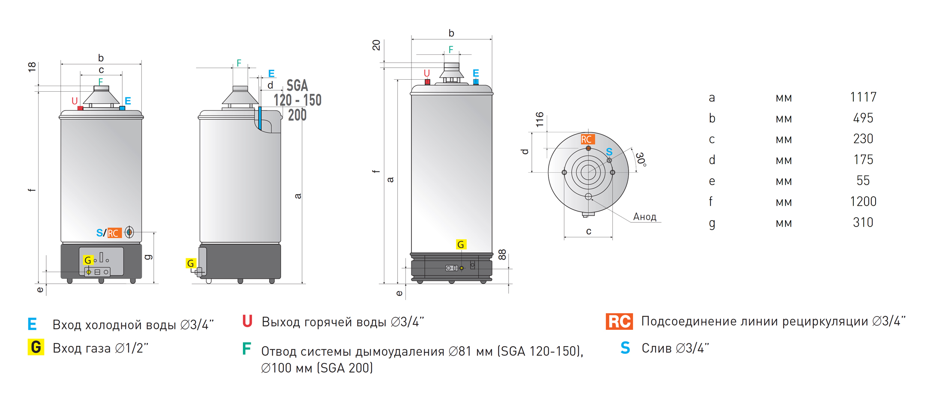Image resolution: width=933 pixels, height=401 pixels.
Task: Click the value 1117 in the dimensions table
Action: (x=863, y=97)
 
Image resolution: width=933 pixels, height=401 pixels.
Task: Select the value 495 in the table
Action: (x=863, y=118)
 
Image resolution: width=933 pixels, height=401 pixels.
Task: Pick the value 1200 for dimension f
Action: (x=863, y=201)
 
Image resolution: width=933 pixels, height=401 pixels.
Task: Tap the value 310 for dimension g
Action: (x=863, y=222)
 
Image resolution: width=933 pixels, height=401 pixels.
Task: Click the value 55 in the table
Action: (x=863, y=181)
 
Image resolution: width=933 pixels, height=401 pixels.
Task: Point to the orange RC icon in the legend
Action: (x=619, y=321)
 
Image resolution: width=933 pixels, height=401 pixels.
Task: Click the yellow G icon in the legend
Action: (x=36, y=347)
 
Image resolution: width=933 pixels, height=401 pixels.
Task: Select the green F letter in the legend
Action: (x=246, y=349)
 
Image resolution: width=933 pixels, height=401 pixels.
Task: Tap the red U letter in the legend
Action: (x=247, y=321)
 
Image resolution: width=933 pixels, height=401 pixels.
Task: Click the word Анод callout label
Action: (x=645, y=217)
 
